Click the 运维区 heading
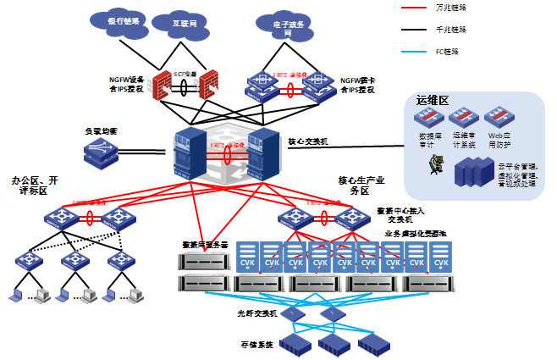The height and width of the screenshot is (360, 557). coord(431,100)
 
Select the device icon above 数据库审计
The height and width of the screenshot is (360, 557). coord(432,119)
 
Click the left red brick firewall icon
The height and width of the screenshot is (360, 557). coord(162,87)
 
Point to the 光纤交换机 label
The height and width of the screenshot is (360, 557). coord(256,313)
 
